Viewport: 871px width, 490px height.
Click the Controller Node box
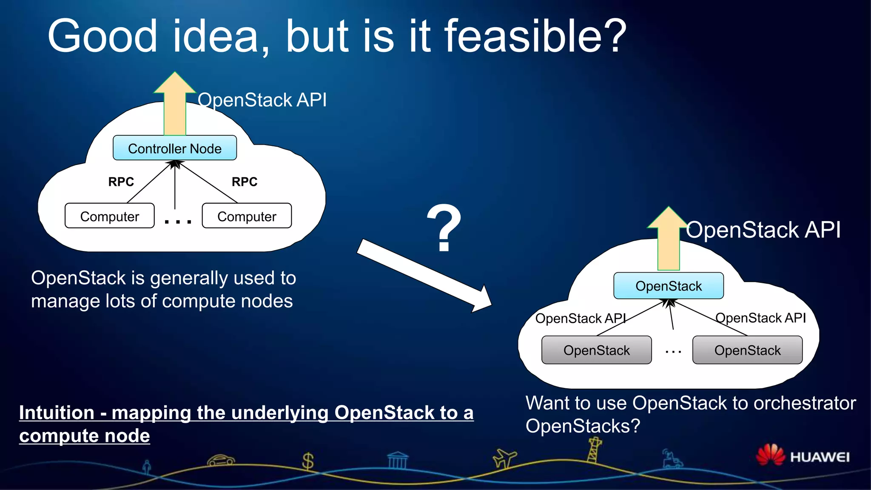174,148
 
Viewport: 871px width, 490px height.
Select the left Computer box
109,216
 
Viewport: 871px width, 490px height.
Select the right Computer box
247,216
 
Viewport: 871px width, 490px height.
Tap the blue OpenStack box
668,286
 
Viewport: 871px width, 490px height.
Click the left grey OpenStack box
596,350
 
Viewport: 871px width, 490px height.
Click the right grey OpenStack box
747,350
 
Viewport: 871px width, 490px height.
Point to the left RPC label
121,182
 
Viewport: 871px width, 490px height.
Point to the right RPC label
244,182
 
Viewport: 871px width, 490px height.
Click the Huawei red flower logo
770,455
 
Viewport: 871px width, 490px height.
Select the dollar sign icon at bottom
307,461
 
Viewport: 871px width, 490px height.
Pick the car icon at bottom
221,461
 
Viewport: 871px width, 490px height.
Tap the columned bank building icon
398,460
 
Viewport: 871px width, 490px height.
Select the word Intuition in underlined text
57,413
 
